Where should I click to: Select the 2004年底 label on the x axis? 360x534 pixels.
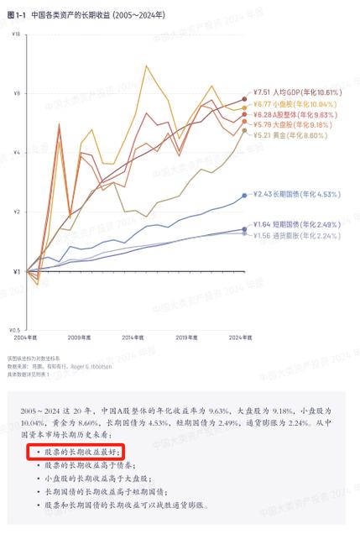(x=27, y=337)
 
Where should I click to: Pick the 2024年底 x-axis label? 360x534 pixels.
(x=242, y=337)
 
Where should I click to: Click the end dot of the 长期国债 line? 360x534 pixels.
(x=244, y=195)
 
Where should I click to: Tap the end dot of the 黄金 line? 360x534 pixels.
(x=244, y=130)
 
